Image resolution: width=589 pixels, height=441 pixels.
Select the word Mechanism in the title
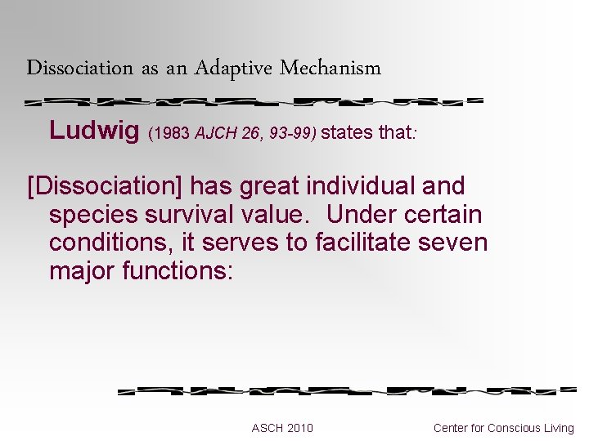(x=330, y=68)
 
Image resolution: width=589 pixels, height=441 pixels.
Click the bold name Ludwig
(x=94, y=130)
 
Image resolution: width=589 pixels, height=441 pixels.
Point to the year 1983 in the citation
(x=171, y=131)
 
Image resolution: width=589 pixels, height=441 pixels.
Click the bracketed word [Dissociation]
(x=106, y=186)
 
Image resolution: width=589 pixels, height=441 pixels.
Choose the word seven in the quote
(x=455, y=243)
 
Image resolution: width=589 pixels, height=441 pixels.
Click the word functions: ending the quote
(x=178, y=270)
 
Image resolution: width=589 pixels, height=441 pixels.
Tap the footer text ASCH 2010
(x=282, y=428)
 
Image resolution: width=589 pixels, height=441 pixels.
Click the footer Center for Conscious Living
(x=504, y=428)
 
